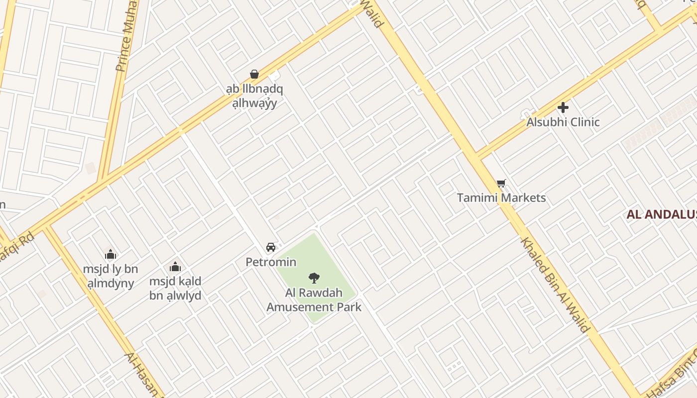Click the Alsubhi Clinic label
[x=563, y=122]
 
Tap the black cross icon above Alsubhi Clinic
[x=563, y=107]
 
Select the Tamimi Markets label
[x=501, y=198]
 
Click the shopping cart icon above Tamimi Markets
[x=501, y=184]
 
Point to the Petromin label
[x=271, y=262]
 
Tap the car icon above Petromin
[x=271, y=247]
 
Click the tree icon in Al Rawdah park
[x=314, y=278]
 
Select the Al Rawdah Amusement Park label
[x=314, y=299]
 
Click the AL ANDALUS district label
[x=661, y=214]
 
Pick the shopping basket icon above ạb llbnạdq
[x=254, y=74]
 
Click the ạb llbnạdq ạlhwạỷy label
[x=254, y=96]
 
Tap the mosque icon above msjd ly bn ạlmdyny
[x=111, y=255]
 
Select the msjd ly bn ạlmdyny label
[x=111, y=276]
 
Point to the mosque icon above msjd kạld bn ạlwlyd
[x=175, y=267]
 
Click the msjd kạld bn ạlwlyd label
[x=175, y=288]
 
